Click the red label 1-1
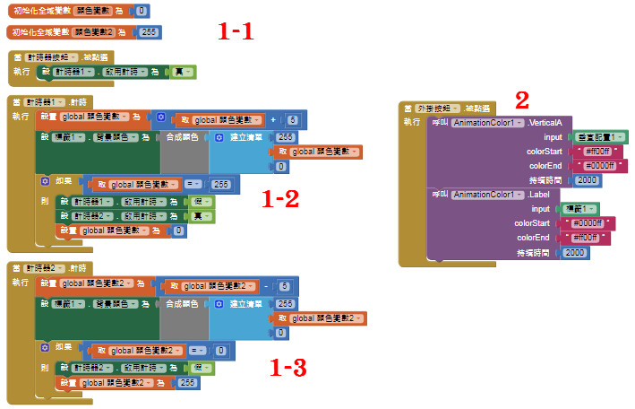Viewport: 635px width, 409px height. tap(236, 32)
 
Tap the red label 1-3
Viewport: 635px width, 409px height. tap(288, 367)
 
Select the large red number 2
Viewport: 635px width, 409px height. tap(522, 100)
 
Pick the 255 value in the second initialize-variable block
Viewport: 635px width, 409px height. tap(150, 31)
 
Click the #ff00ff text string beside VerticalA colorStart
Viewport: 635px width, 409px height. tap(596, 152)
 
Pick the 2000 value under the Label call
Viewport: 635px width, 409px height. tap(576, 253)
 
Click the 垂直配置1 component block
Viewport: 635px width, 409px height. tap(597, 136)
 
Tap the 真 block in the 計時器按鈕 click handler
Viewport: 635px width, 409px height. tap(187, 72)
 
